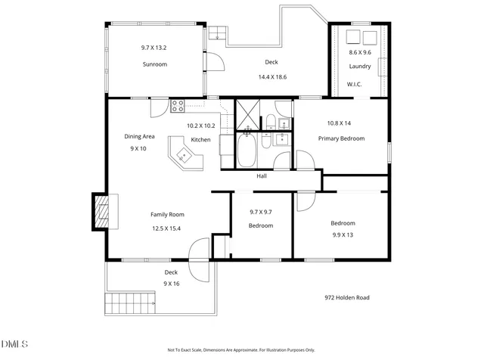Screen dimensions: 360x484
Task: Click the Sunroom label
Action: (x=155, y=64)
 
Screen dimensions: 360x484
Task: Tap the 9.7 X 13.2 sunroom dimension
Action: (x=155, y=48)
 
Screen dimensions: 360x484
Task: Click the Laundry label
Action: (x=360, y=67)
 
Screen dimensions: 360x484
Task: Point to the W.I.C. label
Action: (x=354, y=84)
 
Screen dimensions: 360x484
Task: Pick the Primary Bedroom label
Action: (x=341, y=138)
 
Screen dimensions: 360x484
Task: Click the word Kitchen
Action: (x=200, y=140)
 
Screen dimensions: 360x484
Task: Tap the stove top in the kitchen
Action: (x=178, y=106)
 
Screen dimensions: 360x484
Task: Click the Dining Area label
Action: (x=139, y=136)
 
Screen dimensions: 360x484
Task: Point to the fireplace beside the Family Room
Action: (x=101, y=211)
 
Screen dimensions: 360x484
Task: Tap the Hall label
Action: (x=262, y=176)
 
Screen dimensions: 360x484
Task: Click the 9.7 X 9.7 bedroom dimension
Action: (x=261, y=212)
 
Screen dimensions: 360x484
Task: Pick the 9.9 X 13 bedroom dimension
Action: (x=343, y=235)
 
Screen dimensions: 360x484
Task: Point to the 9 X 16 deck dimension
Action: (x=172, y=284)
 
